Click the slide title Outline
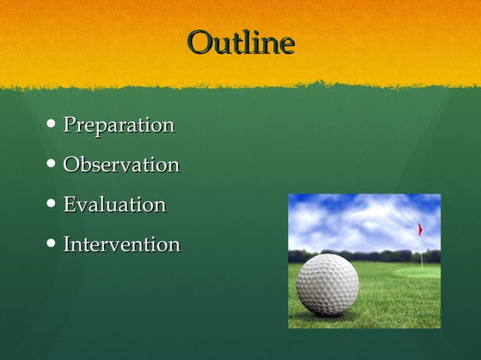coord(240,43)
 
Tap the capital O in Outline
coord(199,43)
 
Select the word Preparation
coord(118,125)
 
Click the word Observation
coord(121,165)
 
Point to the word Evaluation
coord(114,205)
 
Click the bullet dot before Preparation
coord(51,124)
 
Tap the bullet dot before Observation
coord(51,164)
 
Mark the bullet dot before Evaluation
coord(51,204)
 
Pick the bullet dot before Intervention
coord(51,244)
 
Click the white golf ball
coord(328,284)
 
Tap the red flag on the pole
coord(420,229)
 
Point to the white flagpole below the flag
coord(421,252)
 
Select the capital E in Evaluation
coord(69,205)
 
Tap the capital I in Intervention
coord(67,245)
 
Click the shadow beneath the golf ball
coord(339,316)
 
